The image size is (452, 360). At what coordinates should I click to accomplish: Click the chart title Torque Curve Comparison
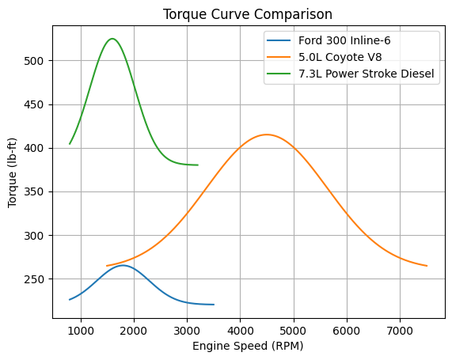point(246,14)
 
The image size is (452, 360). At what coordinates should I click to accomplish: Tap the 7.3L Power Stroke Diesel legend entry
point(367,74)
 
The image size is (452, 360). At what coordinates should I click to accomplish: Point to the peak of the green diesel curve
point(112,39)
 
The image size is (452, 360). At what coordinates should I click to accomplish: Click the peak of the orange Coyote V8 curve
point(267,135)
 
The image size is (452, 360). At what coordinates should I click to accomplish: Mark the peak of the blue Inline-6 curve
point(123,265)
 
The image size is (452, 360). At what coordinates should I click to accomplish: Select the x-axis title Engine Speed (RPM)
point(246,347)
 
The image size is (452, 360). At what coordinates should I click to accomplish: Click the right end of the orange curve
point(427,266)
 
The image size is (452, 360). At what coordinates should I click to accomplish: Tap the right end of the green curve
point(198,165)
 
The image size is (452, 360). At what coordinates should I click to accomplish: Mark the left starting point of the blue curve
point(70,300)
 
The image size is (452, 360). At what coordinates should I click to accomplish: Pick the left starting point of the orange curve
point(107,266)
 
